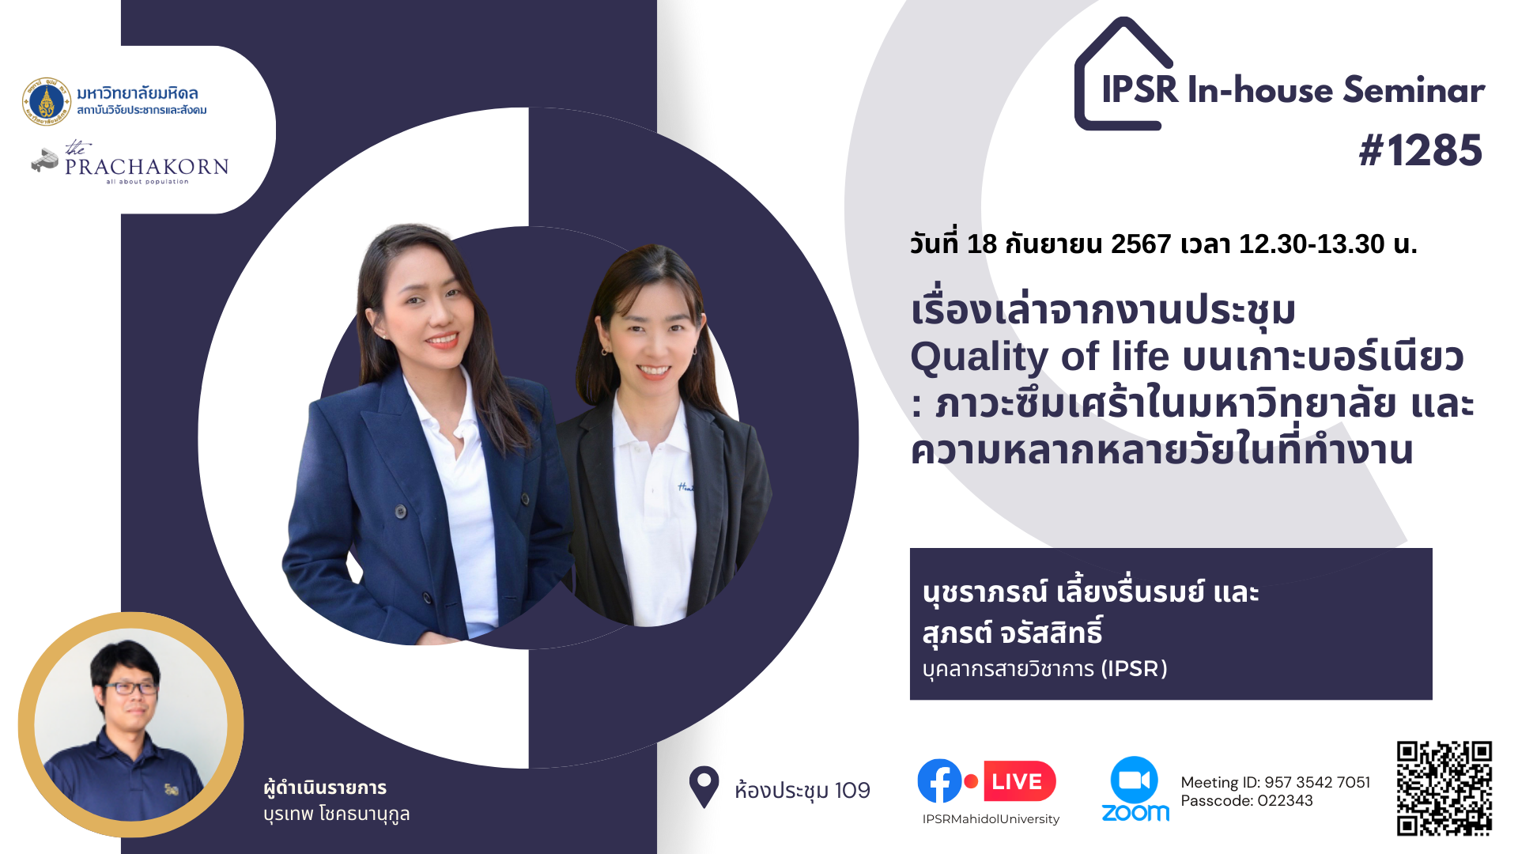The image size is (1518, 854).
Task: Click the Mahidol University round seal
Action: tap(47, 101)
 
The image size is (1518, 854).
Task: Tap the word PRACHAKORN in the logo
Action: tap(147, 167)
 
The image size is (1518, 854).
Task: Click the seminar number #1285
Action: tap(1421, 150)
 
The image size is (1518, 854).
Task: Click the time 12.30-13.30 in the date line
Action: tap(1312, 244)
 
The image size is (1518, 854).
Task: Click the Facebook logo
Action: tap(939, 781)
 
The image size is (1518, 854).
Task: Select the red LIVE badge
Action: tap(1019, 781)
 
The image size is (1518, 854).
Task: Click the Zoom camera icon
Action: tap(1134, 780)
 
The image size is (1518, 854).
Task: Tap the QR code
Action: tap(1444, 788)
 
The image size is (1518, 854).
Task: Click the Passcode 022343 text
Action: tap(1247, 800)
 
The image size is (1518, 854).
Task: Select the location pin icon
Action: tap(704, 787)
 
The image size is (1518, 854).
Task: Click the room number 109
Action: tap(852, 790)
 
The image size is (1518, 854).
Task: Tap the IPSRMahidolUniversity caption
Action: tap(991, 819)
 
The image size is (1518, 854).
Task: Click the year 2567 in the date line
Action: tap(1141, 244)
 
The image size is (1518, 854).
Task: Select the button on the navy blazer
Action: tap(401, 512)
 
